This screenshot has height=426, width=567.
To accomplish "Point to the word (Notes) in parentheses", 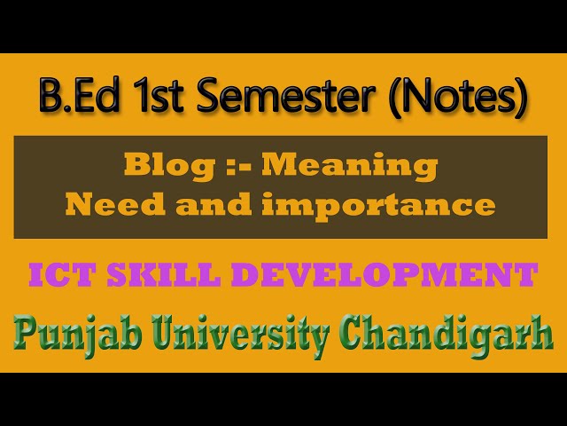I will tap(459, 96).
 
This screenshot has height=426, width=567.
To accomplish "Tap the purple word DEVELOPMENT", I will tap(384, 274).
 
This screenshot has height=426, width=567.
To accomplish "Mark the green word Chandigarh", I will tap(447, 334).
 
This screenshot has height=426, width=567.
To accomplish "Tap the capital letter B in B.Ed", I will tap(50, 96).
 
